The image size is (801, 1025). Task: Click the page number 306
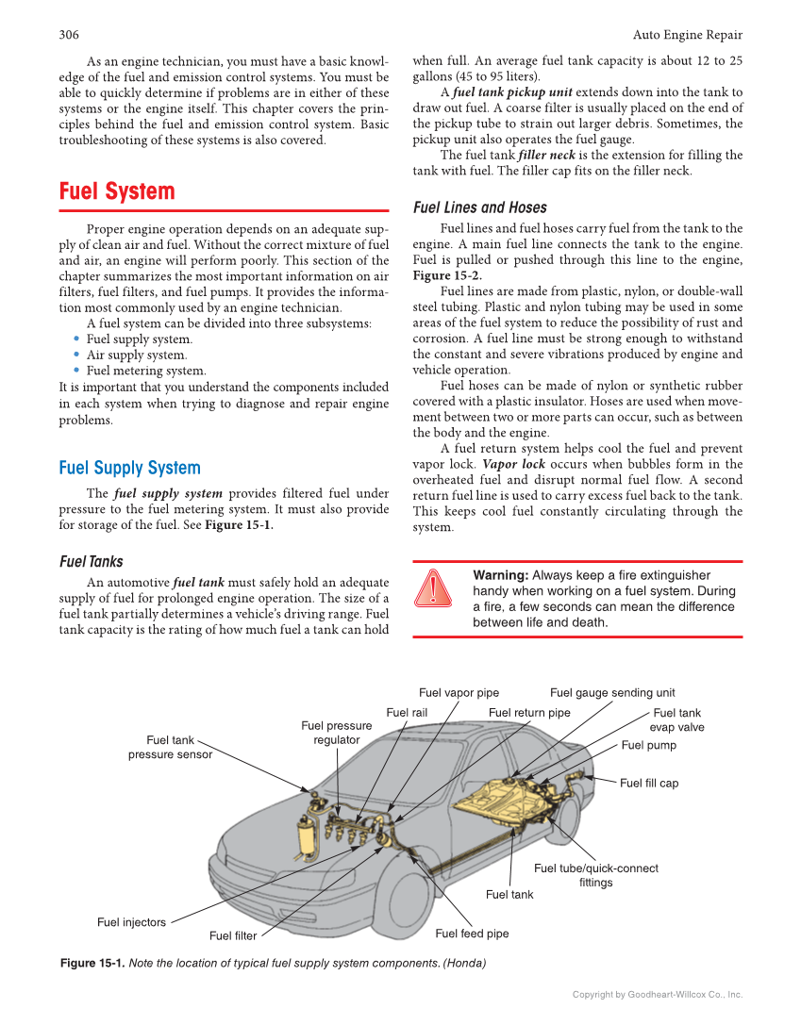click(x=69, y=35)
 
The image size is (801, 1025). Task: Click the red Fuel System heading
click(x=117, y=191)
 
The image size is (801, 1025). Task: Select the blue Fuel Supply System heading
click(x=129, y=468)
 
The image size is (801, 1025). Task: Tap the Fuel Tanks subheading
click(x=91, y=561)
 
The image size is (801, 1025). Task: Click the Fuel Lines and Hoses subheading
click(x=479, y=207)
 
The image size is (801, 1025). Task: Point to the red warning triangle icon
click(x=432, y=587)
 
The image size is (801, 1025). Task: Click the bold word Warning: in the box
click(x=500, y=575)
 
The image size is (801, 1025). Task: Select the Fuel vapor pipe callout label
click(x=459, y=693)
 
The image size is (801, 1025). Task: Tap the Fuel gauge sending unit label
click(x=612, y=693)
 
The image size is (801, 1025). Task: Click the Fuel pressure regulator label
click(x=336, y=733)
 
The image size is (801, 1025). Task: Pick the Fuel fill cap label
click(x=648, y=783)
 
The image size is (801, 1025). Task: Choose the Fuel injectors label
click(x=131, y=922)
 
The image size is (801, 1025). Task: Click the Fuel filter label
click(x=233, y=936)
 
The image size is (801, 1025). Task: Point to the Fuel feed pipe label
click(x=472, y=934)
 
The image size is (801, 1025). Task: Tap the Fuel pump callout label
click(x=648, y=745)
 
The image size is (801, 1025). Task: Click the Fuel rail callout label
click(x=407, y=713)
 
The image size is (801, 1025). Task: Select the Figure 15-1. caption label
click(x=92, y=964)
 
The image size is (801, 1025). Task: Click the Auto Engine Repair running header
click(x=687, y=35)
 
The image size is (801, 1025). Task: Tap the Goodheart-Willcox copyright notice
click(x=658, y=995)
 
